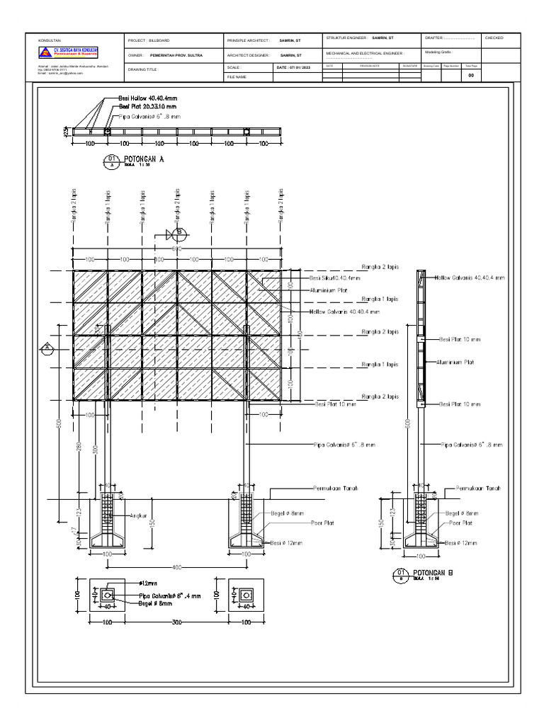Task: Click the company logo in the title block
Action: click(69, 52)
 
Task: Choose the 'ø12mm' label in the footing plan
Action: click(149, 582)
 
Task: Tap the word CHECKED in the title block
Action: click(494, 38)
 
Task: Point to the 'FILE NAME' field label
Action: click(237, 76)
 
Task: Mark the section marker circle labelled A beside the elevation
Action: click(46, 346)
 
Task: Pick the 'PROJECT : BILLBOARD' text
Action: click(149, 41)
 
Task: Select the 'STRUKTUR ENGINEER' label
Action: click(347, 38)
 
